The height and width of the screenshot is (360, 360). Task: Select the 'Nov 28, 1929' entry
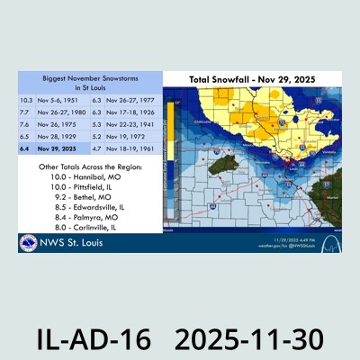pyautogui.click(x=56, y=137)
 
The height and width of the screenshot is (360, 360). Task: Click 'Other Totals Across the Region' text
pyautogui.click(x=89, y=167)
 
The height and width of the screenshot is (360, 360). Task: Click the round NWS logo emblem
pyautogui.click(x=29, y=243)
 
